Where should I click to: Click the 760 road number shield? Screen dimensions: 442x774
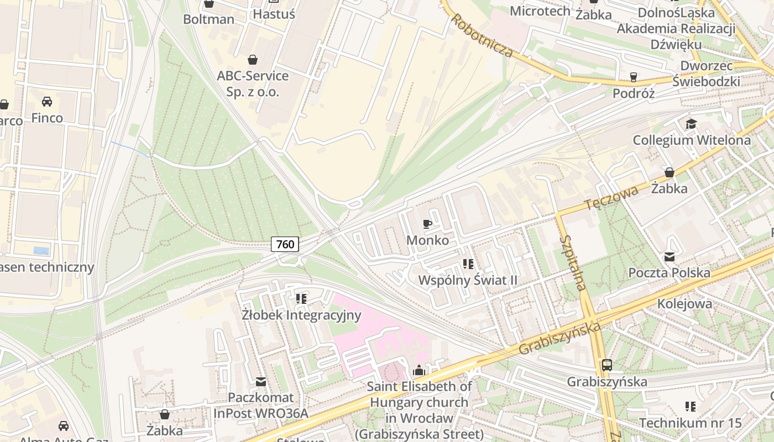tap(285, 244)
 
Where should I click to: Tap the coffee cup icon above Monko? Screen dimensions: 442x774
tap(427, 224)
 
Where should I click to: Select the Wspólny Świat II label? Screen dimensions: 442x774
tap(468, 280)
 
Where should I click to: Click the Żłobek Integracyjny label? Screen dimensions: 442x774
tap(301, 315)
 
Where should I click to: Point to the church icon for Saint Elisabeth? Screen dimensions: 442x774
tap(419, 370)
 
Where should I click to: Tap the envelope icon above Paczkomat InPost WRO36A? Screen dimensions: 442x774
tap(261, 381)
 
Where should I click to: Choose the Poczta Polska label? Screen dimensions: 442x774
tap(669, 272)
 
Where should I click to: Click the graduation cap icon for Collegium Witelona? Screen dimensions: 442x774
tap(691, 124)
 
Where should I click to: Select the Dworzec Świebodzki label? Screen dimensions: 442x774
tap(706, 73)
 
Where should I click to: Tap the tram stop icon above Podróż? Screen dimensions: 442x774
tap(634, 77)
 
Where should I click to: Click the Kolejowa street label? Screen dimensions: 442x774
tap(684, 304)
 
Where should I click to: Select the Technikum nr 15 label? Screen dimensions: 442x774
tap(690, 423)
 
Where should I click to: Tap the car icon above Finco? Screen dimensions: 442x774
tap(47, 102)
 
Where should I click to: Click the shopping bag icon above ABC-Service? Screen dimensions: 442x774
tap(253, 60)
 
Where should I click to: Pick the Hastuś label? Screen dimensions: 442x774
tap(274, 14)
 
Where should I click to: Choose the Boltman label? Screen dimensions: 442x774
tap(209, 19)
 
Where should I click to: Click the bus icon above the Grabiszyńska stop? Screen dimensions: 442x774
tap(607, 365)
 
